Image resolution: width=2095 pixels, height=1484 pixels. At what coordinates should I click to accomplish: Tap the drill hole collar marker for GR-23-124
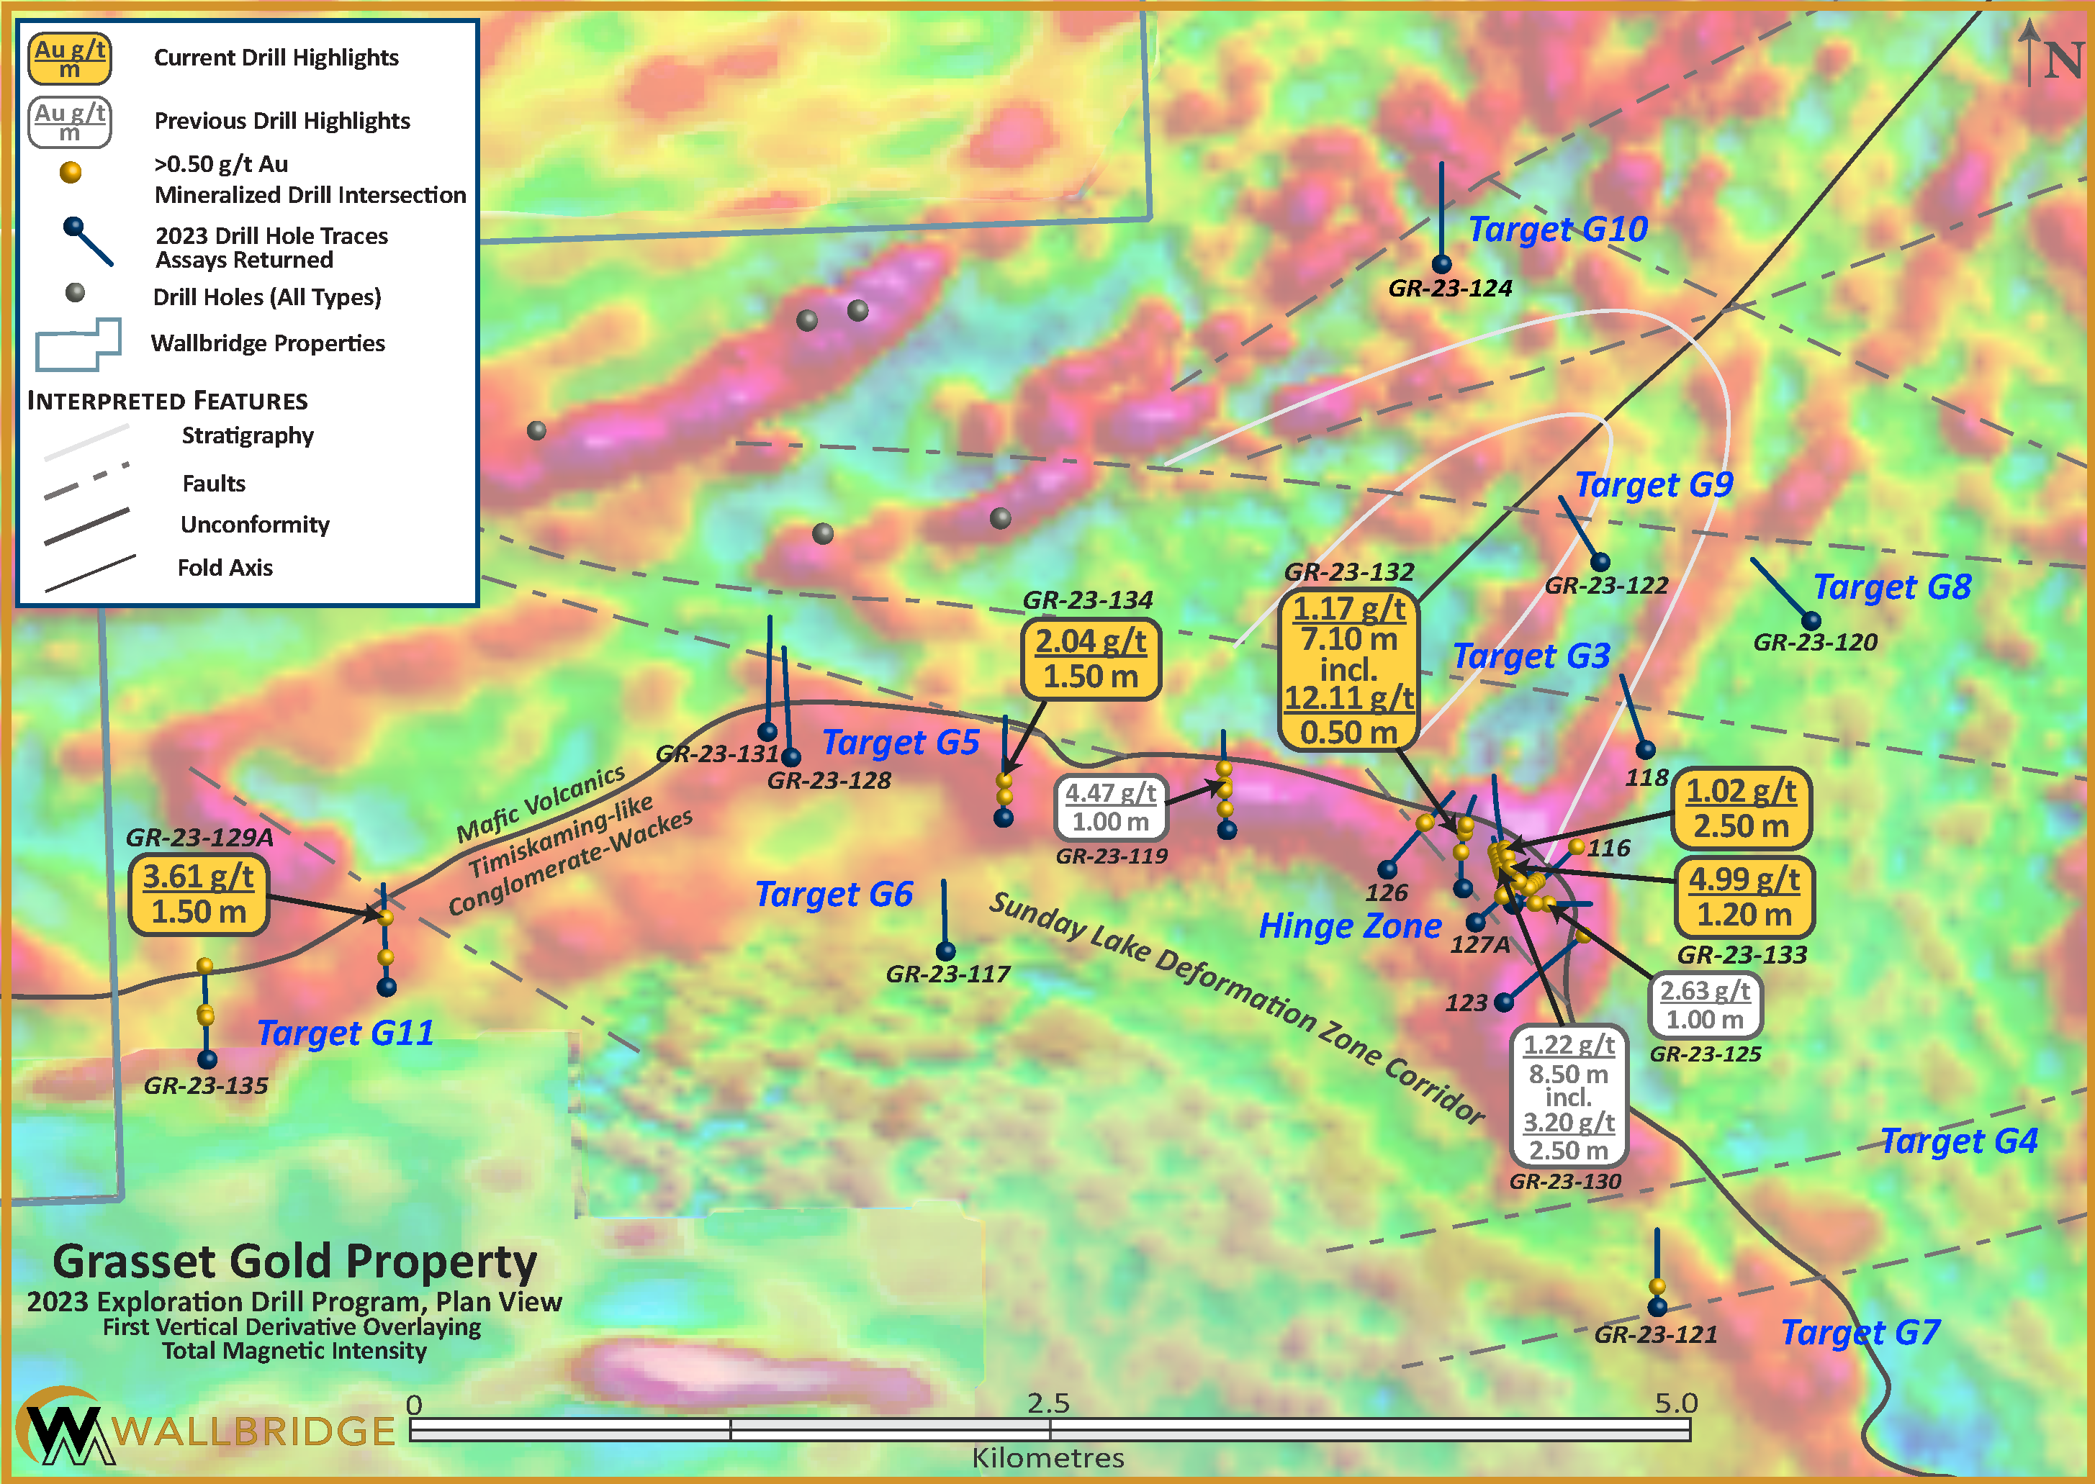click(1441, 264)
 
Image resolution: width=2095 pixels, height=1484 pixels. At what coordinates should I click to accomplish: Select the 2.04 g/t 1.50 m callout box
click(1091, 659)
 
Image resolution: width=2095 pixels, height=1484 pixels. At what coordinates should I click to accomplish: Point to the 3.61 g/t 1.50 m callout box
click(199, 895)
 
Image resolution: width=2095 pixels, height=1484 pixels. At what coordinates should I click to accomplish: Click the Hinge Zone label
click(1350, 926)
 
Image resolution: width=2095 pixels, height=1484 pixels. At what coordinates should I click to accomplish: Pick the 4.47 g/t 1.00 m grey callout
click(1111, 807)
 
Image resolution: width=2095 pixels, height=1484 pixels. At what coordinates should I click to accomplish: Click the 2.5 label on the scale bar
click(1047, 1403)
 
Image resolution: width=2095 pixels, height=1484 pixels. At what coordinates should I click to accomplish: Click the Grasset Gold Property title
click(294, 1262)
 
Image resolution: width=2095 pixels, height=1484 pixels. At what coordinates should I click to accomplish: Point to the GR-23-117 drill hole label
click(948, 974)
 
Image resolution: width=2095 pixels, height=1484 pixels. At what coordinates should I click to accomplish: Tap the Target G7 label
click(1860, 1332)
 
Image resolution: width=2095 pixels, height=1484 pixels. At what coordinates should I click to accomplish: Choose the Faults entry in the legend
click(213, 484)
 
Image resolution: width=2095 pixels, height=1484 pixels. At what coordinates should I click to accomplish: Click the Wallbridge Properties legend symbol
click(78, 345)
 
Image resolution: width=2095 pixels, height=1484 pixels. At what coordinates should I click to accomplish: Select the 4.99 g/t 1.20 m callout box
click(1744, 897)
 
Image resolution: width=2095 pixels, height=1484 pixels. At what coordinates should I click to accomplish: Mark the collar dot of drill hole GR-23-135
click(207, 1059)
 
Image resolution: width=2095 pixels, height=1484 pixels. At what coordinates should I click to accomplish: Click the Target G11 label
click(346, 1033)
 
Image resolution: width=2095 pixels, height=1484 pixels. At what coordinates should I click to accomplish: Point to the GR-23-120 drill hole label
click(1814, 643)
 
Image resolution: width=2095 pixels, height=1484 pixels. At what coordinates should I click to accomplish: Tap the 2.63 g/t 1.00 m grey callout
click(1705, 1004)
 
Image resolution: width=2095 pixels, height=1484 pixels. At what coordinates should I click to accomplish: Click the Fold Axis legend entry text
click(225, 567)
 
